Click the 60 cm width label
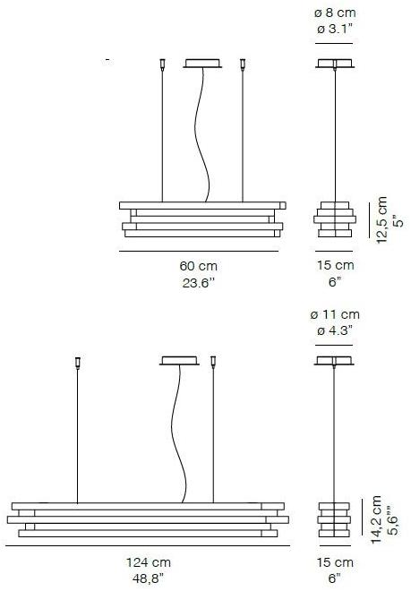[x=198, y=266]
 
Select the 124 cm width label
[x=148, y=562]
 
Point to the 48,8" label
[x=148, y=578]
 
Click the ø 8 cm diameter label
[x=335, y=13]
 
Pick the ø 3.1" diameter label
[x=335, y=29]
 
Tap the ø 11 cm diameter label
[x=335, y=314]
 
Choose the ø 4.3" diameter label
[x=335, y=331]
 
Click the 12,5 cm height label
[x=381, y=219]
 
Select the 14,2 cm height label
[x=377, y=519]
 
